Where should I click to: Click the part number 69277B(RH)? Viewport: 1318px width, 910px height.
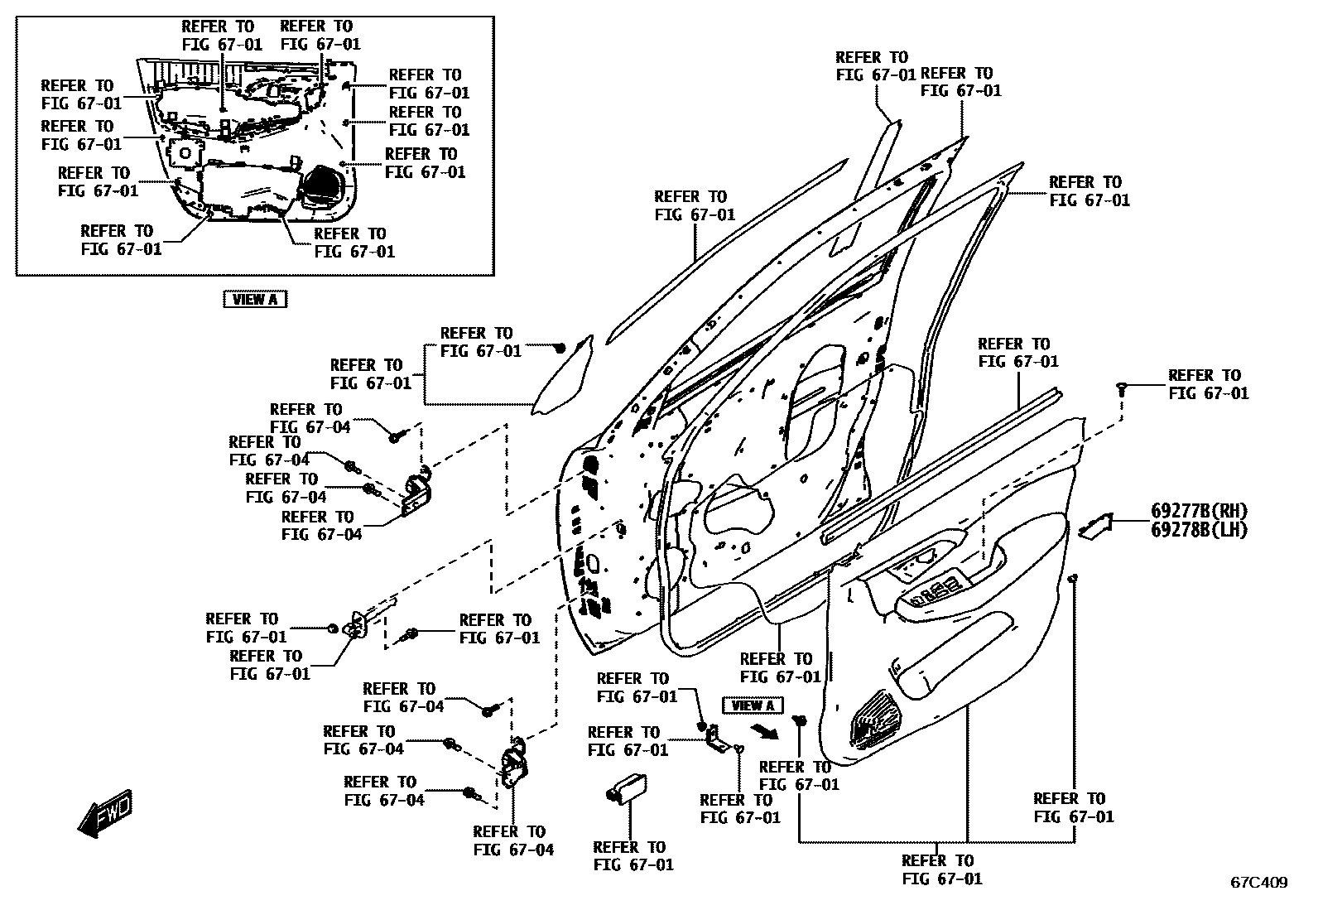pos(1198,511)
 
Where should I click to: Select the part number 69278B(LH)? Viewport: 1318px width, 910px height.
pos(1198,530)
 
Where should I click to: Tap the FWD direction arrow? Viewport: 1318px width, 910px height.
pos(104,813)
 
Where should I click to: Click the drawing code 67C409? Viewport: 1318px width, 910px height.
pos(1258,883)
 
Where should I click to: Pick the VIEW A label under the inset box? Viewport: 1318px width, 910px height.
pos(255,300)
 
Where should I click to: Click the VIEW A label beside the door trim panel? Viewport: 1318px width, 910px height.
pos(753,705)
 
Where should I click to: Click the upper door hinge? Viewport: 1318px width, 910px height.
pos(417,494)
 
